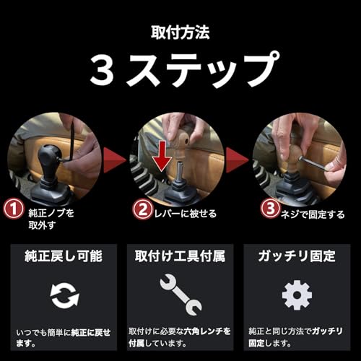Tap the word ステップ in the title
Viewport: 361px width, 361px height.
209,71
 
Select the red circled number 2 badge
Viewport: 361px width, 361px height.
142,210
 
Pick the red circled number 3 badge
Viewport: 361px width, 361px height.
268,210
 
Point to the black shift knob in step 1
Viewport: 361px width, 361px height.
51,155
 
